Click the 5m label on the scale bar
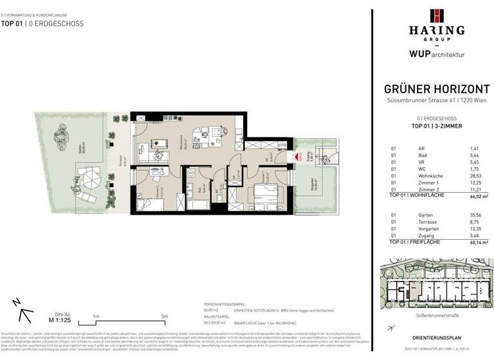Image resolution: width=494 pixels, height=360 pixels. (x=164, y=316)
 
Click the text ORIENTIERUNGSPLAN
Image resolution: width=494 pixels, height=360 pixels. (x=432, y=337)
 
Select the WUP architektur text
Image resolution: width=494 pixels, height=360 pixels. (x=432, y=55)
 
